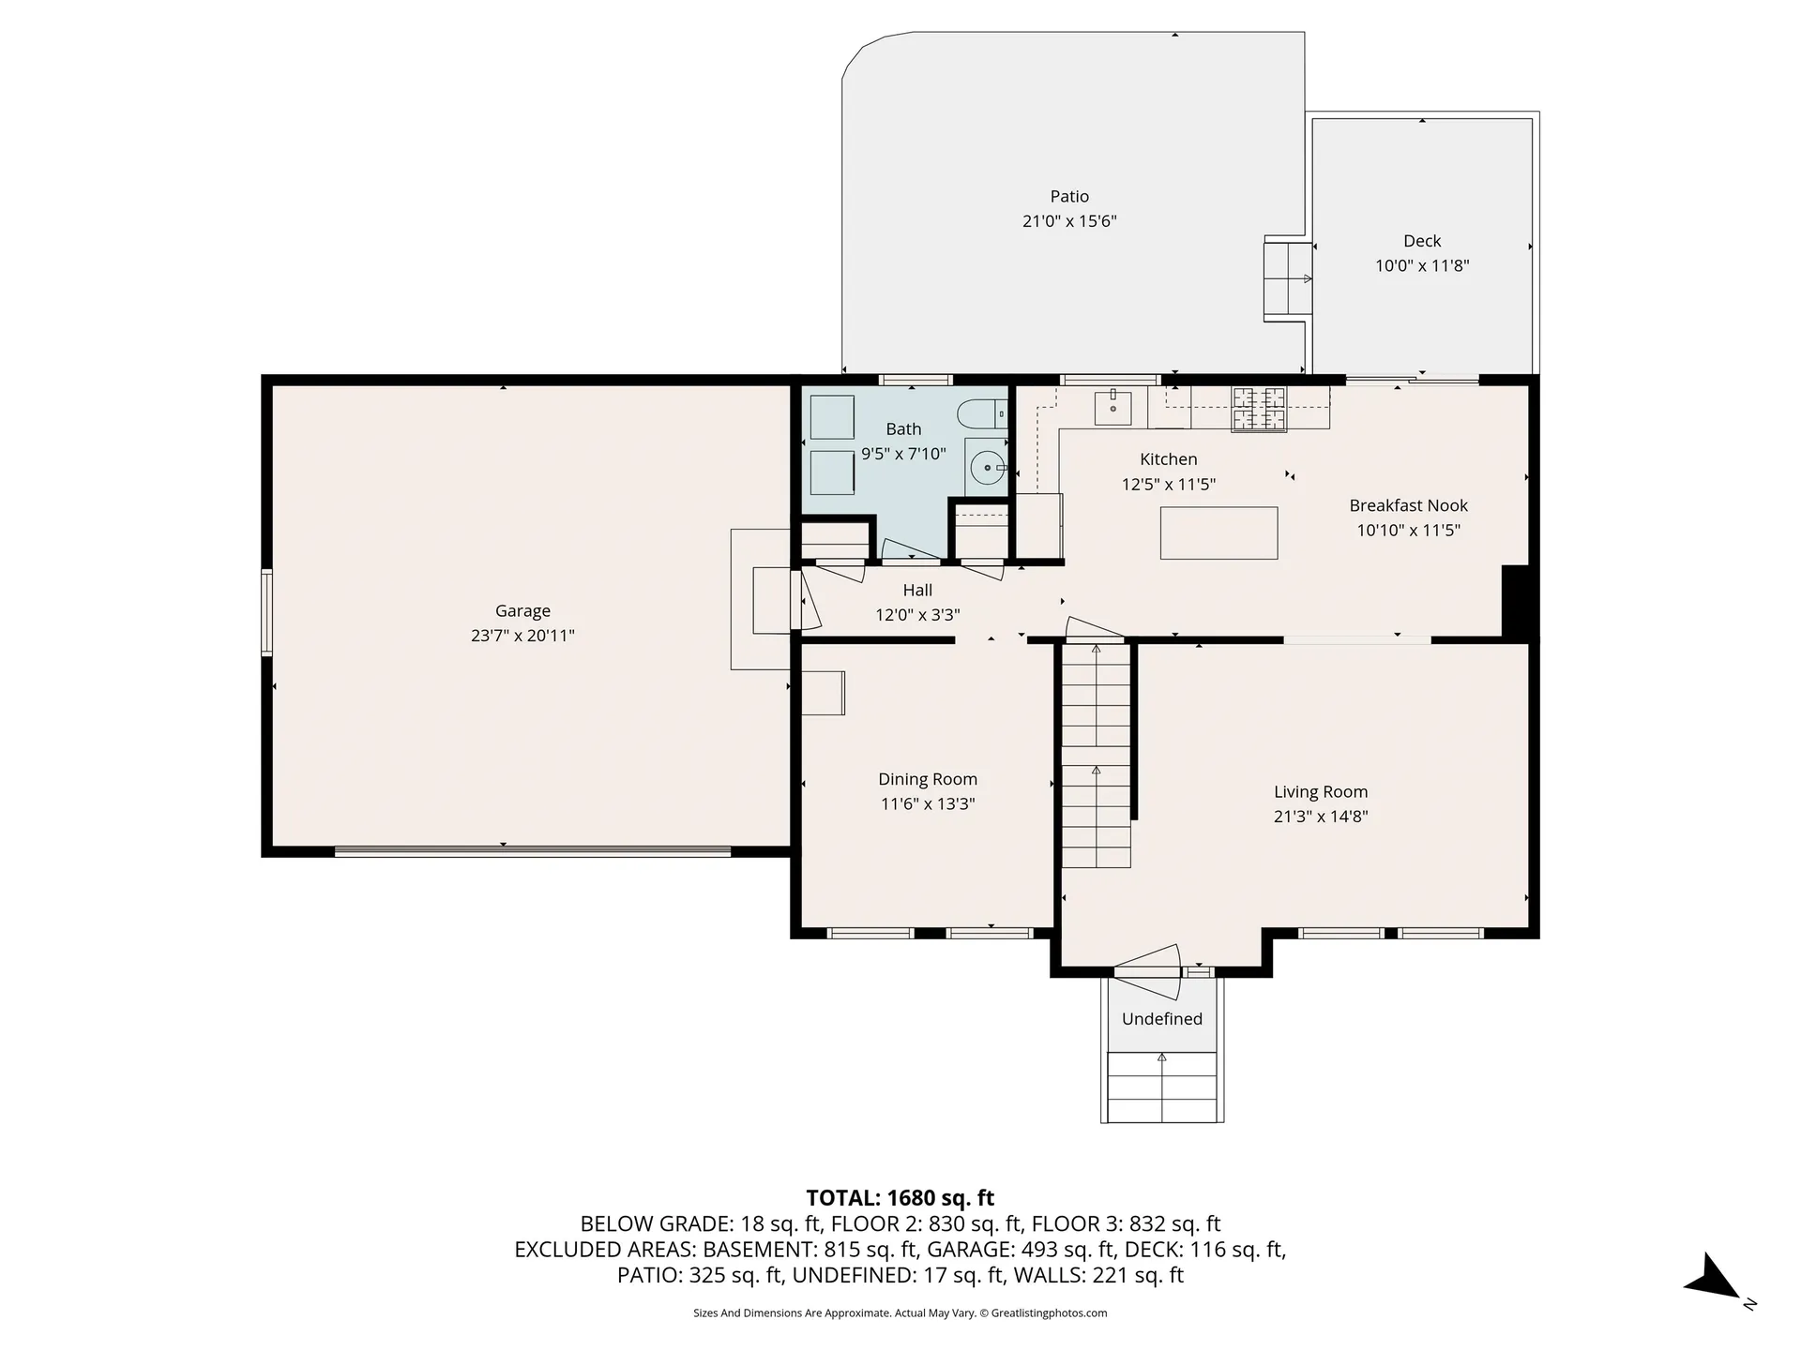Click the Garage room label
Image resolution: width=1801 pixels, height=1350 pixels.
522,611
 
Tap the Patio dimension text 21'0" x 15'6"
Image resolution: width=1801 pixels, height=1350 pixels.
1069,221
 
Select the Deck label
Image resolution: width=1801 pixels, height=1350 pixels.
1422,241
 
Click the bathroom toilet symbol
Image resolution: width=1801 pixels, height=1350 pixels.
982,412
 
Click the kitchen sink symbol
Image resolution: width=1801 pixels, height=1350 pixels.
1113,408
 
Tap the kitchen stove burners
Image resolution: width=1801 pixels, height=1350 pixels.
1259,409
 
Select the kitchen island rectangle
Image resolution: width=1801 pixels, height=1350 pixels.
1218,532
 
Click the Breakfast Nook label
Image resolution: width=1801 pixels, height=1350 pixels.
1408,505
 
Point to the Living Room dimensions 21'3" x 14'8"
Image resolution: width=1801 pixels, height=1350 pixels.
1321,817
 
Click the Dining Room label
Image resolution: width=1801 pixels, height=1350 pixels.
928,779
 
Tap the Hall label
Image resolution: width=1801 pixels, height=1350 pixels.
917,590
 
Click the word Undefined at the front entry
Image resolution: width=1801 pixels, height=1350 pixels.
1162,1019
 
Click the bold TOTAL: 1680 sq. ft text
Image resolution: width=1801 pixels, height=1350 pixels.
900,1198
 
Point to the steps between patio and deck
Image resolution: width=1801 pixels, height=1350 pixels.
1288,278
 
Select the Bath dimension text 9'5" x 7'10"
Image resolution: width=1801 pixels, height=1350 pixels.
903,454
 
